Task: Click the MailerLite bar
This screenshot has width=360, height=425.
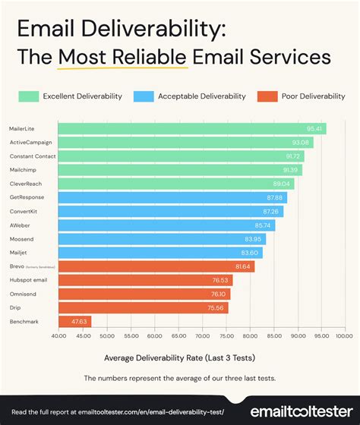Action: tap(190, 129)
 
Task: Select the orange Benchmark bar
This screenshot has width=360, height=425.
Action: tap(74, 321)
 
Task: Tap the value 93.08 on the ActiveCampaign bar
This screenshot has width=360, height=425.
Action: tap(301, 143)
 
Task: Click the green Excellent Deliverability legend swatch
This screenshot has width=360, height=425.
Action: tap(28, 96)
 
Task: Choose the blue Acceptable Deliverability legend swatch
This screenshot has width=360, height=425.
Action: tap(141, 96)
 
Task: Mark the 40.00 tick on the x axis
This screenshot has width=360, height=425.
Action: tap(59, 335)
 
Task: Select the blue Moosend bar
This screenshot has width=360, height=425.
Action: tap(159, 239)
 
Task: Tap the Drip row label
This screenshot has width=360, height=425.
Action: tap(14, 307)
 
